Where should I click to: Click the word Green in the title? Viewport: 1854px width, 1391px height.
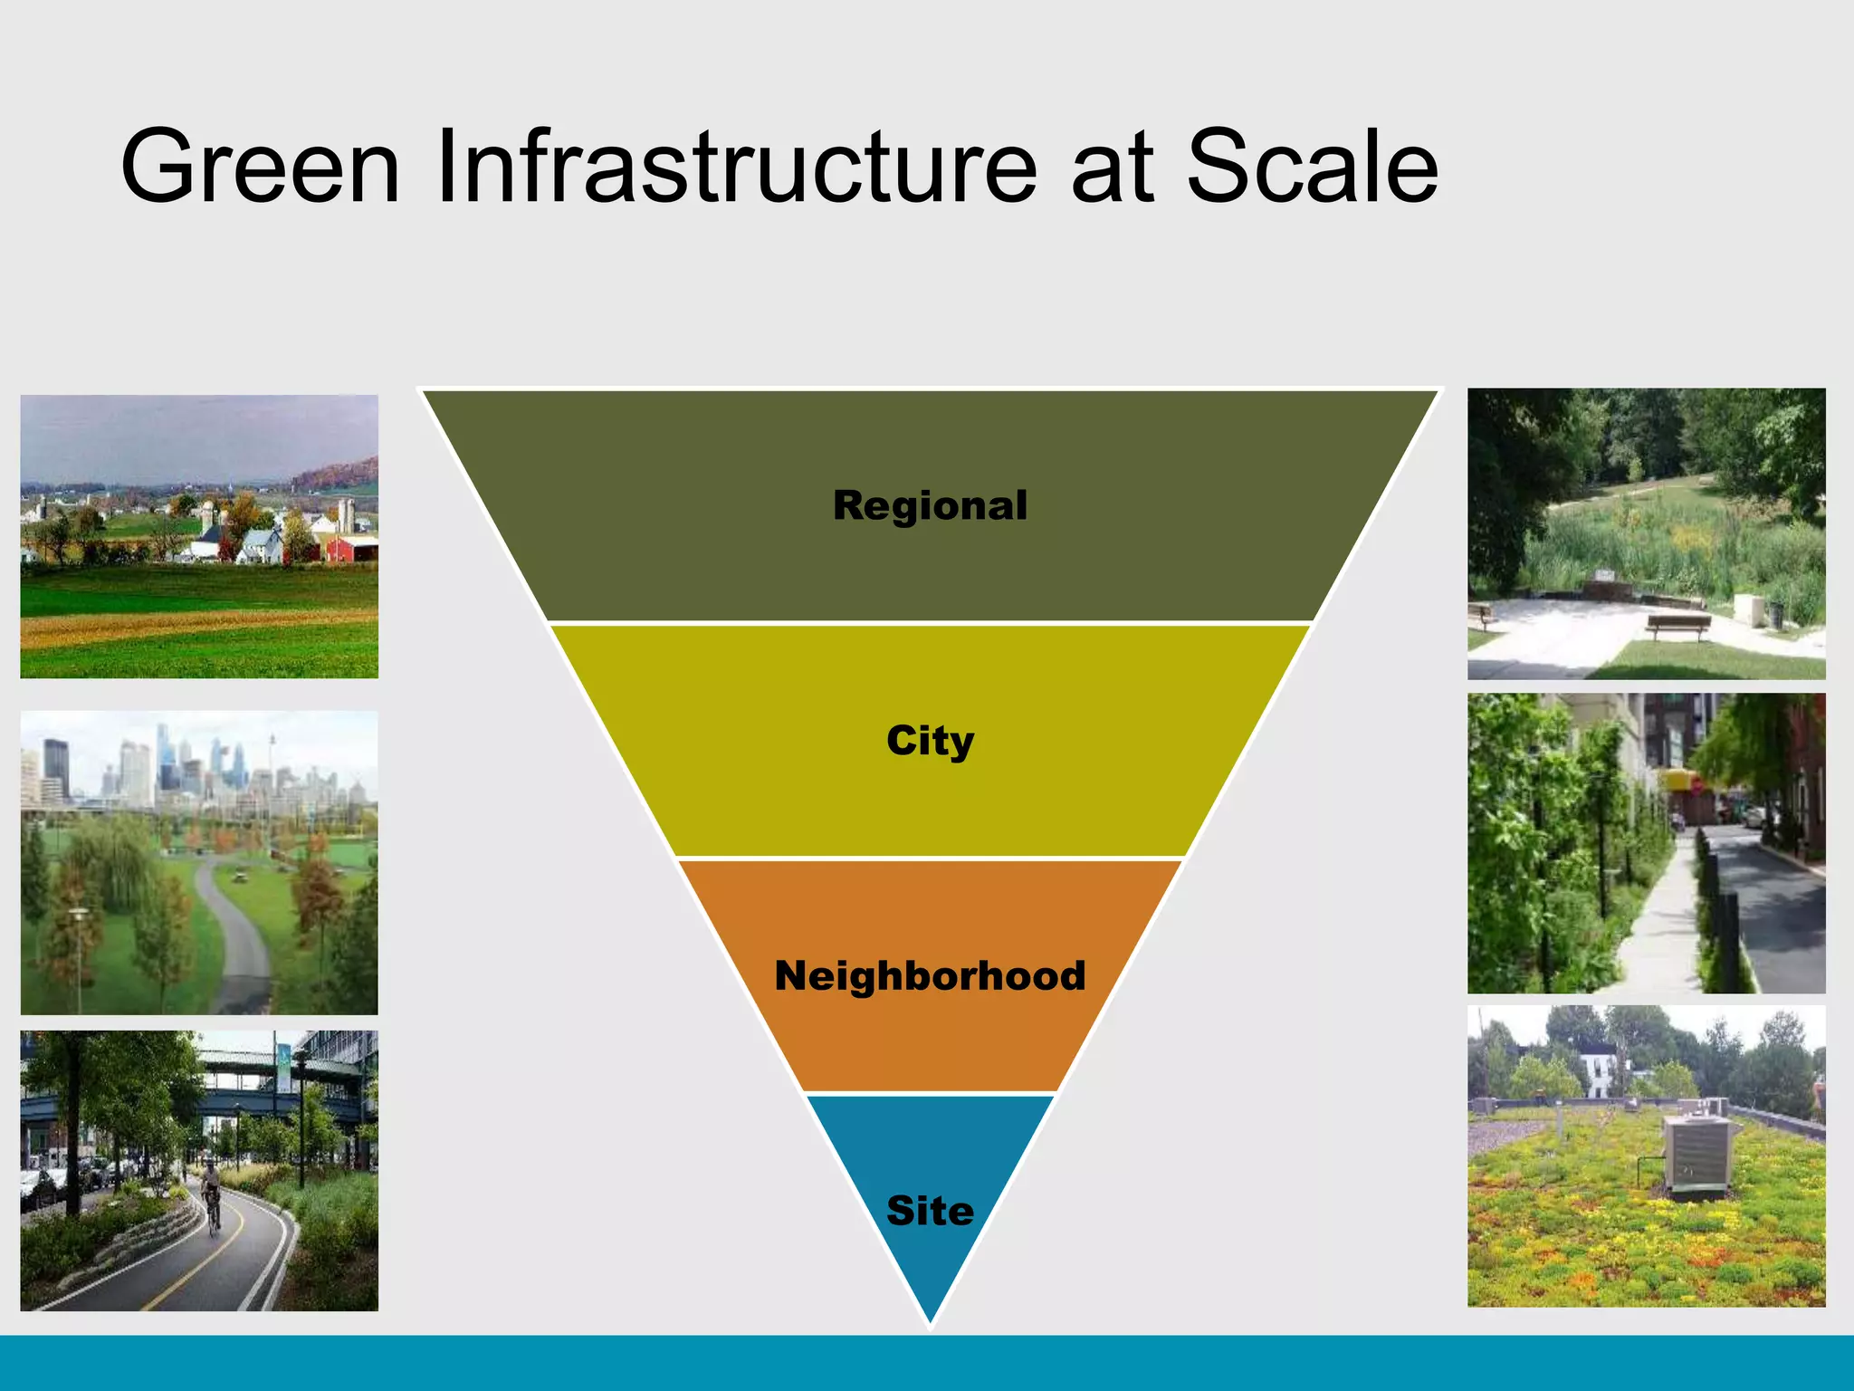click(x=261, y=167)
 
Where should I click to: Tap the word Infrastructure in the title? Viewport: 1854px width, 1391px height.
click(x=735, y=167)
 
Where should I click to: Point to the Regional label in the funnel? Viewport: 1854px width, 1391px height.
click(x=930, y=505)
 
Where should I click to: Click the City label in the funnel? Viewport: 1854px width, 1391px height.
click(x=930, y=741)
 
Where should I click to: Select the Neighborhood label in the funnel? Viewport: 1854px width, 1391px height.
click(x=930, y=975)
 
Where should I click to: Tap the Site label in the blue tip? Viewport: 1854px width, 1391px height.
click(x=930, y=1211)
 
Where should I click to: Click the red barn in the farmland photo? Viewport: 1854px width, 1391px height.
click(x=350, y=548)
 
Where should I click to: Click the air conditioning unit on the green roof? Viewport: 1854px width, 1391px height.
click(x=1698, y=1155)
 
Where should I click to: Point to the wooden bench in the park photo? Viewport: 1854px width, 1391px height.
click(x=1677, y=624)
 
